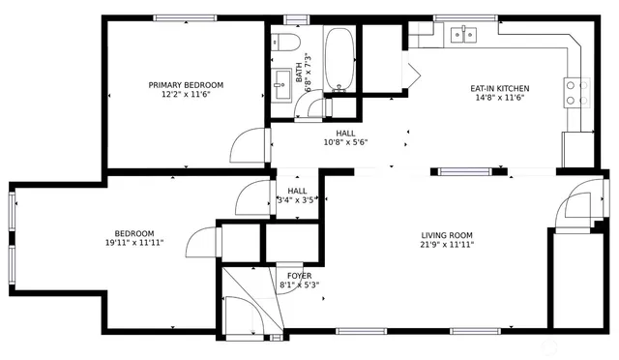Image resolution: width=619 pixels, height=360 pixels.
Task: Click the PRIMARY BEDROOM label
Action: coord(186,85)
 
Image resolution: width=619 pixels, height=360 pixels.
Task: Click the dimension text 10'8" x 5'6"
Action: coord(345,142)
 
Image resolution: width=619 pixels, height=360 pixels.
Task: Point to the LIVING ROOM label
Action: coord(446,235)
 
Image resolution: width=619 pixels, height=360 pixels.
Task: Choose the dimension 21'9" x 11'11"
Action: coord(446,245)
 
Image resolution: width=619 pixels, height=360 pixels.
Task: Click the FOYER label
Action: coord(299,276)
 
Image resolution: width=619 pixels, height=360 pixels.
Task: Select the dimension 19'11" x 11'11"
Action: coord(133,243)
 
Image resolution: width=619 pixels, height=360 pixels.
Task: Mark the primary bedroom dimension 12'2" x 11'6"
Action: coord(186,95)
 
